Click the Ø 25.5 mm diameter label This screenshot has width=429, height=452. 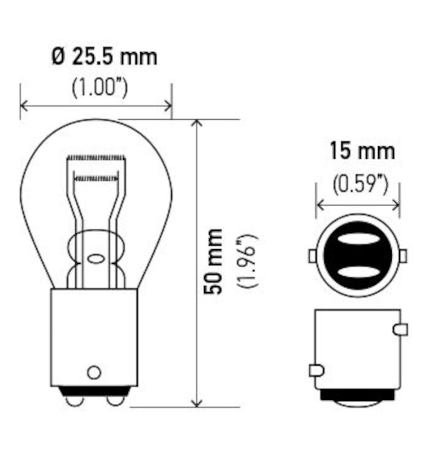tap(105, 57)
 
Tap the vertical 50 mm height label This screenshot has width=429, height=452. tap(215, 261)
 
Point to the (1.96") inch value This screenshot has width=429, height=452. tap(248, 261)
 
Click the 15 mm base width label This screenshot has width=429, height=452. tap(362, 151)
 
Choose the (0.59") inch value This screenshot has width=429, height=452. tap(360, 185)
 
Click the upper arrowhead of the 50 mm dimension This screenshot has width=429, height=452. tap(197, 124)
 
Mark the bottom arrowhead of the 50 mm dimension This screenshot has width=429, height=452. tap(197, 402)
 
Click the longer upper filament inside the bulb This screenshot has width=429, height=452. tap(95, 157)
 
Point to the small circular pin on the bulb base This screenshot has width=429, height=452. tap(94, 372)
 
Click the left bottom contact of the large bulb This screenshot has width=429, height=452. tap(74, 400)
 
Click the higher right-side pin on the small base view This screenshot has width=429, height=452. tap(400, 329)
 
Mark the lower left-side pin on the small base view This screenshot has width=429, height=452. tap(317, 371)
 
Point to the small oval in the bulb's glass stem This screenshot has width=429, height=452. tap(96, 259)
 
